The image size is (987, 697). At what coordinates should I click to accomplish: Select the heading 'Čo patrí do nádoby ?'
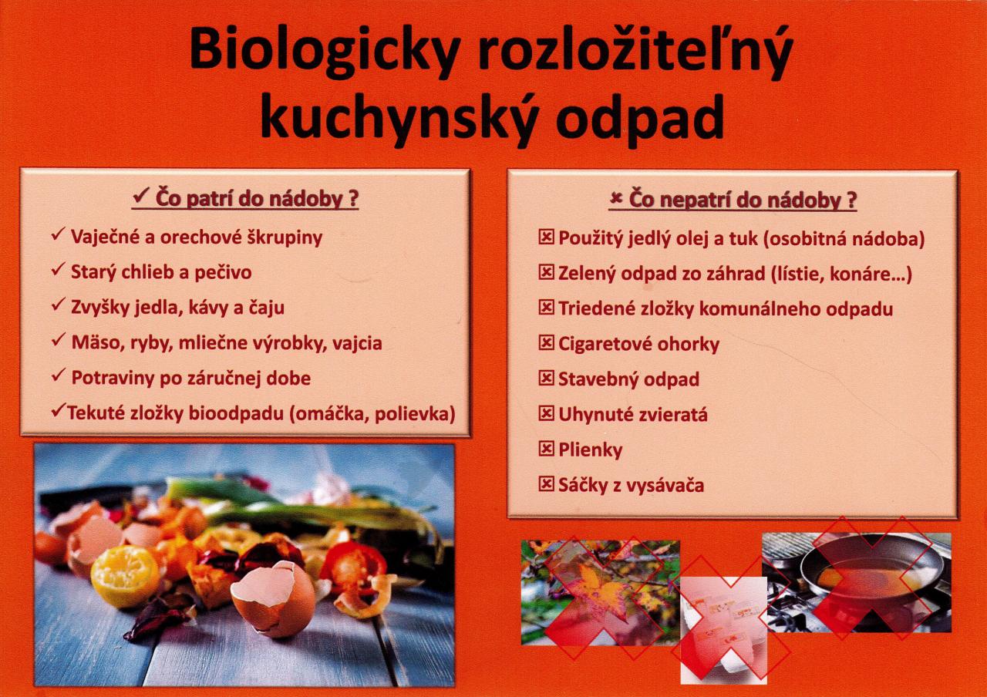(x=245, y=198)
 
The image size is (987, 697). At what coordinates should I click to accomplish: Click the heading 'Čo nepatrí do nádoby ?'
(x=733, y=199)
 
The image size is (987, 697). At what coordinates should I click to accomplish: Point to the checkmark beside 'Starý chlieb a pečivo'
(x=58, y=270)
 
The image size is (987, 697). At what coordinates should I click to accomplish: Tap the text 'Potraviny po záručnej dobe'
(x=190, y=378)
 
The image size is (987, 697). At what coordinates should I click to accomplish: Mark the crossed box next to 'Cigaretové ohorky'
(x=546, y=342)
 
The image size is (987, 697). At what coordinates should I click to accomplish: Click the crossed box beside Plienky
(x=546, y=449)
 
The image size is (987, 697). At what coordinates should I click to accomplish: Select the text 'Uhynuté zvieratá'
(x=633, y=414)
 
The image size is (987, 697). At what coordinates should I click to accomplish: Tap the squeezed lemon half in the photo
(x=125, y=576)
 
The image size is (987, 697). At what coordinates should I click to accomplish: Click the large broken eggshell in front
(x=273, y=598)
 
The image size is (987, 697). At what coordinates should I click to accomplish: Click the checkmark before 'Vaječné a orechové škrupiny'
(x=58, y=234)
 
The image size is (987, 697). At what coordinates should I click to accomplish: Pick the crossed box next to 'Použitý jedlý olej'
(x=546, y=237)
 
